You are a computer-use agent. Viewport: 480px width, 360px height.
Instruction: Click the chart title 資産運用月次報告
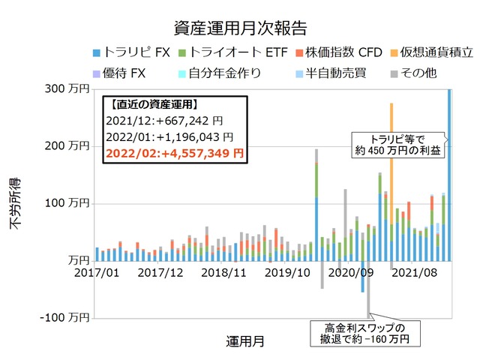coord(240,28)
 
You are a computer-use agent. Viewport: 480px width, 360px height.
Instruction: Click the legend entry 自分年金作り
coord(214,73)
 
